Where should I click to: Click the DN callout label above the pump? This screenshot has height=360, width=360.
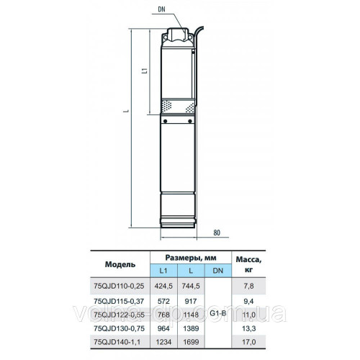161,9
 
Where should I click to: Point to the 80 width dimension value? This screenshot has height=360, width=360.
217,233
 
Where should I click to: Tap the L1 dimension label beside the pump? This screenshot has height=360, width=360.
144,71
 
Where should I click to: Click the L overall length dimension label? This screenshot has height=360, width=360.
127,111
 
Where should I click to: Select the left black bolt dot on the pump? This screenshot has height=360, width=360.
166,121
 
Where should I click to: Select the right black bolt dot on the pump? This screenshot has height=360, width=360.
190,121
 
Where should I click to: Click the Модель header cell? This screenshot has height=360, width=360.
120,264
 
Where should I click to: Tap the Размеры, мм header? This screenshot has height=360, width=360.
191,258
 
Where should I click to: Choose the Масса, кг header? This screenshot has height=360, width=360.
248,264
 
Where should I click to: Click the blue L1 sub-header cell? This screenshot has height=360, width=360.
163,271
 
